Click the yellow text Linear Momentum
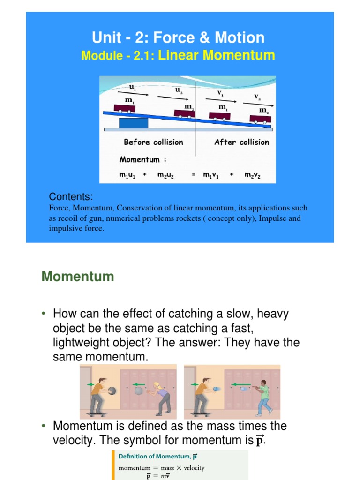pyautogui.click(x=217, y=55)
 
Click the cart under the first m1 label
pyautogui.click(x=124, y=108)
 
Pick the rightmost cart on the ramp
pyautogui.click(x=260, y=119)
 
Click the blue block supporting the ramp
pyautogui.click(x=134, y=123)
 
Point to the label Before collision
pyautogui.click(x=153, y=142)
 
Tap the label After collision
pyautogui.click(x=241, y=142)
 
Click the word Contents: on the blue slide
pyautogui.click(x=71, y=196)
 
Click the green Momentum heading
pyautogui.click(x=78, y=277)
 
